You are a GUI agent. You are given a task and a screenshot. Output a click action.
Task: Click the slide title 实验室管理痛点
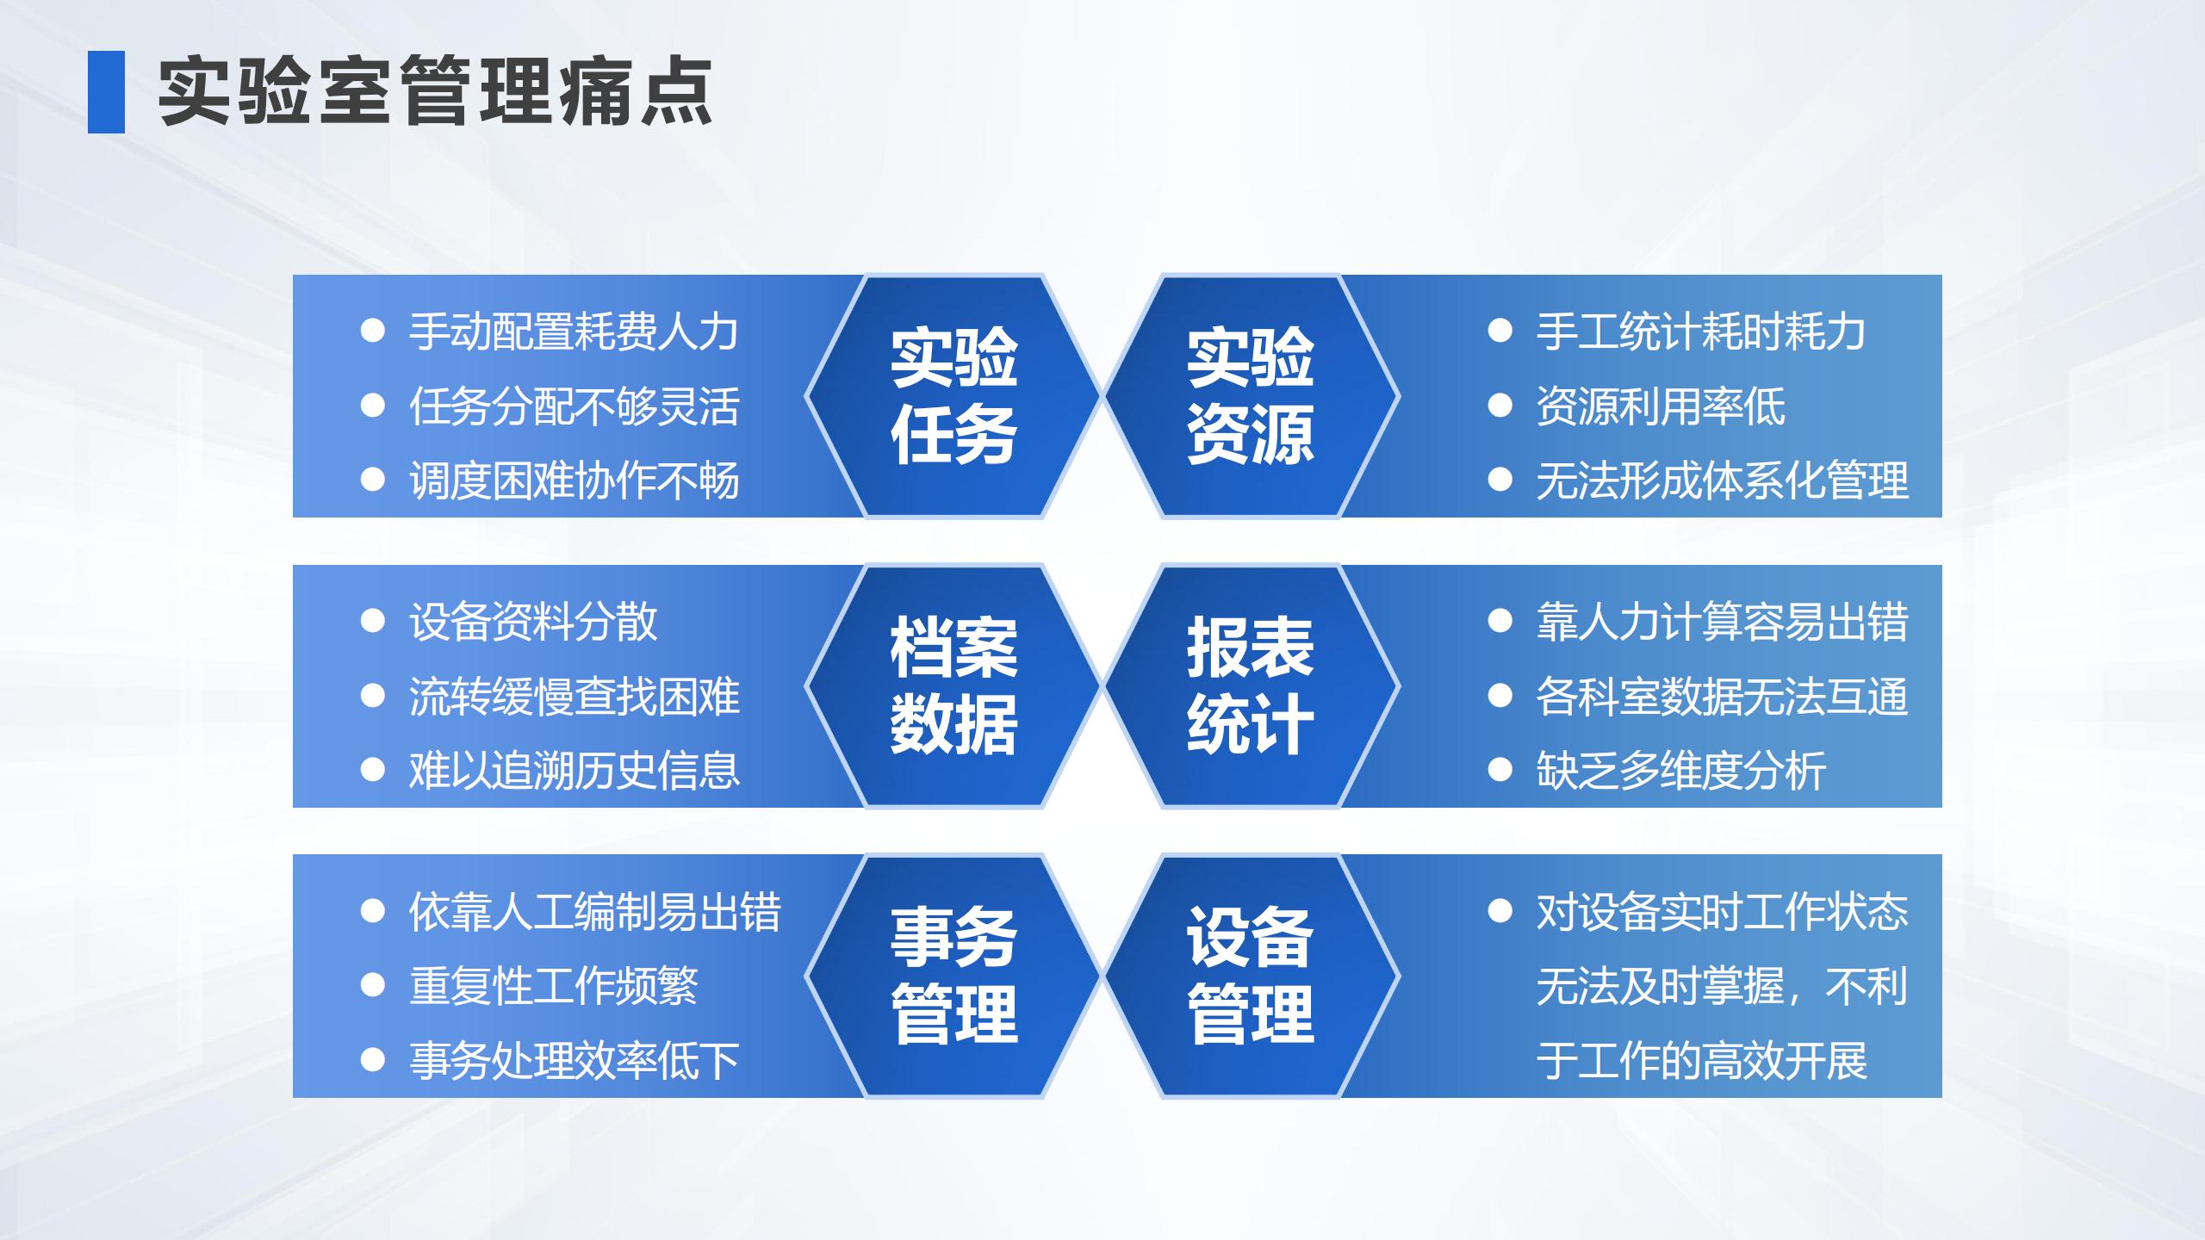[x=435, y=91]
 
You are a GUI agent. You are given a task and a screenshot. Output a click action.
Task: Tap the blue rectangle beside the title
[x=106, y=92]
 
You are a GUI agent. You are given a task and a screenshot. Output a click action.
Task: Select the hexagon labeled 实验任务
[x=953, y=396]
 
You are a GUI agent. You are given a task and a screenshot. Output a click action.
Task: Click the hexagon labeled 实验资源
[x=1251, y=396]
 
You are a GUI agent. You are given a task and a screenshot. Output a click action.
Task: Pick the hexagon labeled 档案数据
[x=953, y=686]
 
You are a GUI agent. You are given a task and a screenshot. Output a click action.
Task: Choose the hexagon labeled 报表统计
[x=1251, y=686]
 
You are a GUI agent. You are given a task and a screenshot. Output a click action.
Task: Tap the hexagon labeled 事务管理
[x=953, y=976]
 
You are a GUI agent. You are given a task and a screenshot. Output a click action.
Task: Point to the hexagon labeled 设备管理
[x=1251, y=976]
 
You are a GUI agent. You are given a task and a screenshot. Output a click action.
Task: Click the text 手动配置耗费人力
[x=574, y=332]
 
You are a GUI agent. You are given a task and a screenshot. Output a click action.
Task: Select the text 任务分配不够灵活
[x=574, y=406]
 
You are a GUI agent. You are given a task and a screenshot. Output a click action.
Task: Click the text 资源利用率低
[x=1661, y=406]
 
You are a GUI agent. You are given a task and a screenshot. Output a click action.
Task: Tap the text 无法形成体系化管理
[x=1723, y=480]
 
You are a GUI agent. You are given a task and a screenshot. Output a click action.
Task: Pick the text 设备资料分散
[x=533, y=622]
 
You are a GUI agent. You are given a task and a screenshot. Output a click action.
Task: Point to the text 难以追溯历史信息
[x=574, y=771]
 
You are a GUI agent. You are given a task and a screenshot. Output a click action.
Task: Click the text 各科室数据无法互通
[x=1723, y=697]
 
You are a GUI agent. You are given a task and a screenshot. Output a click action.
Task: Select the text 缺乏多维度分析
[x=1681, y=771]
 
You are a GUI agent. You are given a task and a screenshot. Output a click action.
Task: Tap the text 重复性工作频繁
[x=554, y=986]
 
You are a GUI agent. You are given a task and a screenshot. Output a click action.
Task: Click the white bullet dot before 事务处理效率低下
[x=372, y=1059]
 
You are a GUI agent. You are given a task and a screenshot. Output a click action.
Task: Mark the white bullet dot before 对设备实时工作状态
[x=1500, y=911]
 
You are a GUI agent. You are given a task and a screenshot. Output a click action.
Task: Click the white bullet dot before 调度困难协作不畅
[x=372, y=480]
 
